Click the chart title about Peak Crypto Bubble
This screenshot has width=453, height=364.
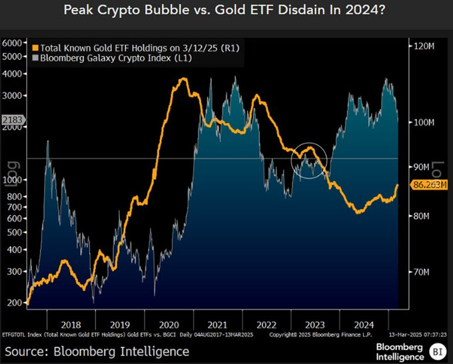(x=226, y=11)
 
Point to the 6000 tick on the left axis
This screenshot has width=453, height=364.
(x=13, y=43)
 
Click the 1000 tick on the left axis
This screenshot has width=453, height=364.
(x=13, y=180)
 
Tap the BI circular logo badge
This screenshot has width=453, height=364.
(x=437, y=351)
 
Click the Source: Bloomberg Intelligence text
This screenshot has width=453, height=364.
(x=98, y=351)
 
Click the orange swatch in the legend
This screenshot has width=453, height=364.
(x=35, y=49)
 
